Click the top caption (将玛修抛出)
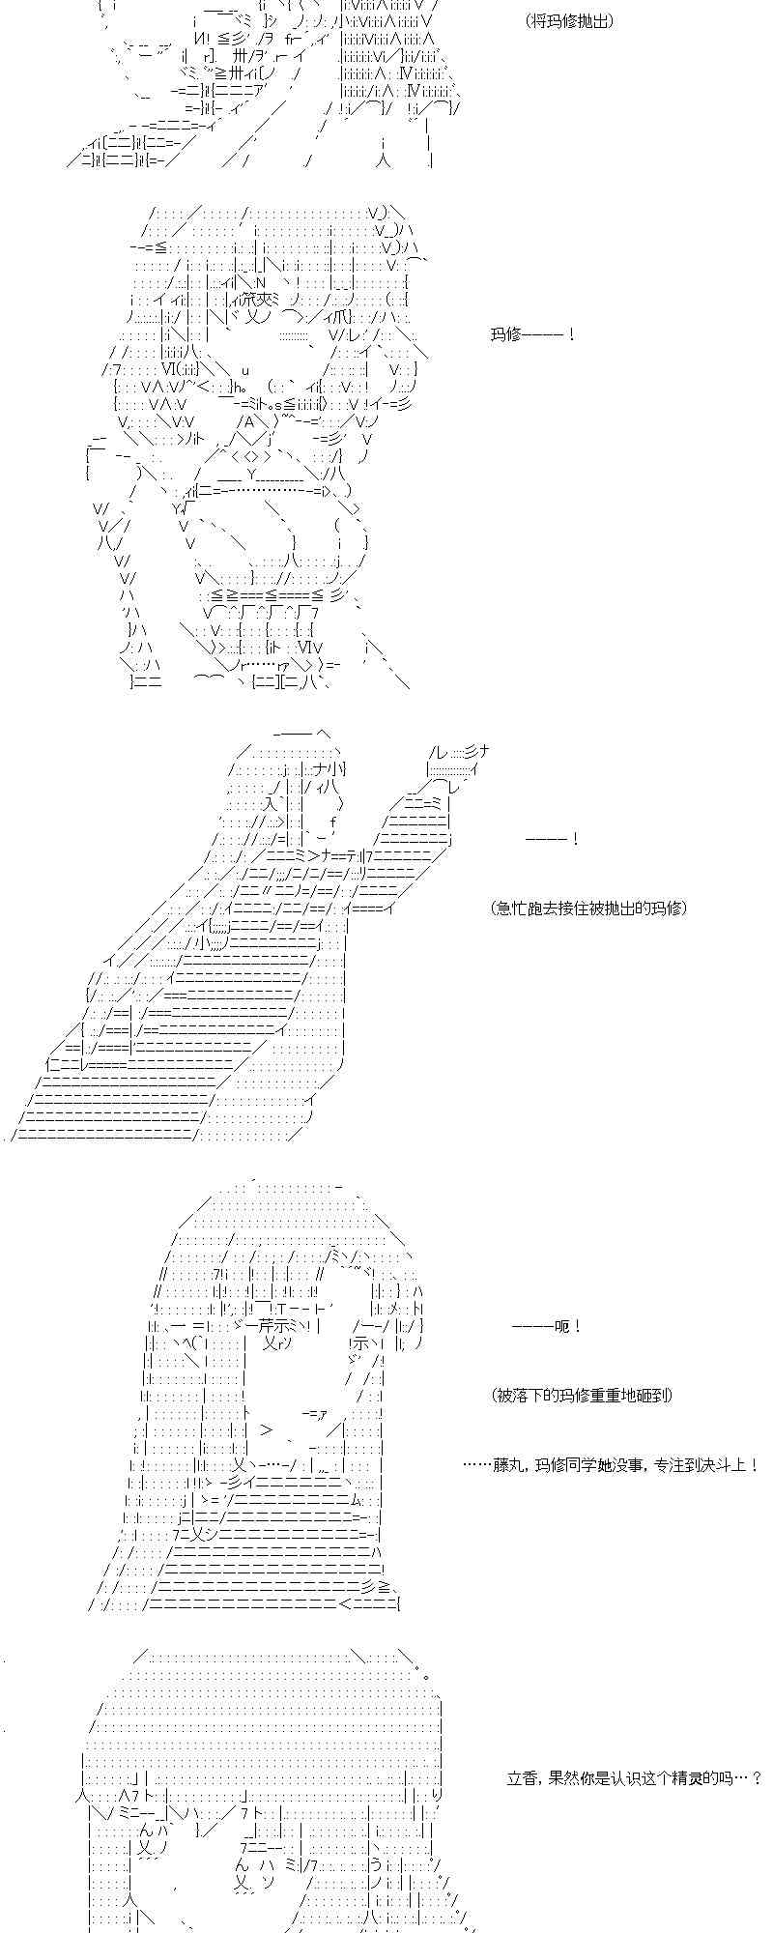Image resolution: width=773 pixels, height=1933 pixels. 569,20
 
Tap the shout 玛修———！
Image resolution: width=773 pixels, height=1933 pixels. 532,335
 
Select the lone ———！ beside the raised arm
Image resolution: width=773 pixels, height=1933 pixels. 552,839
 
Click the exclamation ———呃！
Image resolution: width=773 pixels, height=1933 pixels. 547,1326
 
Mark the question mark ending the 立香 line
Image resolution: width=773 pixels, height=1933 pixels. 756,1777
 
